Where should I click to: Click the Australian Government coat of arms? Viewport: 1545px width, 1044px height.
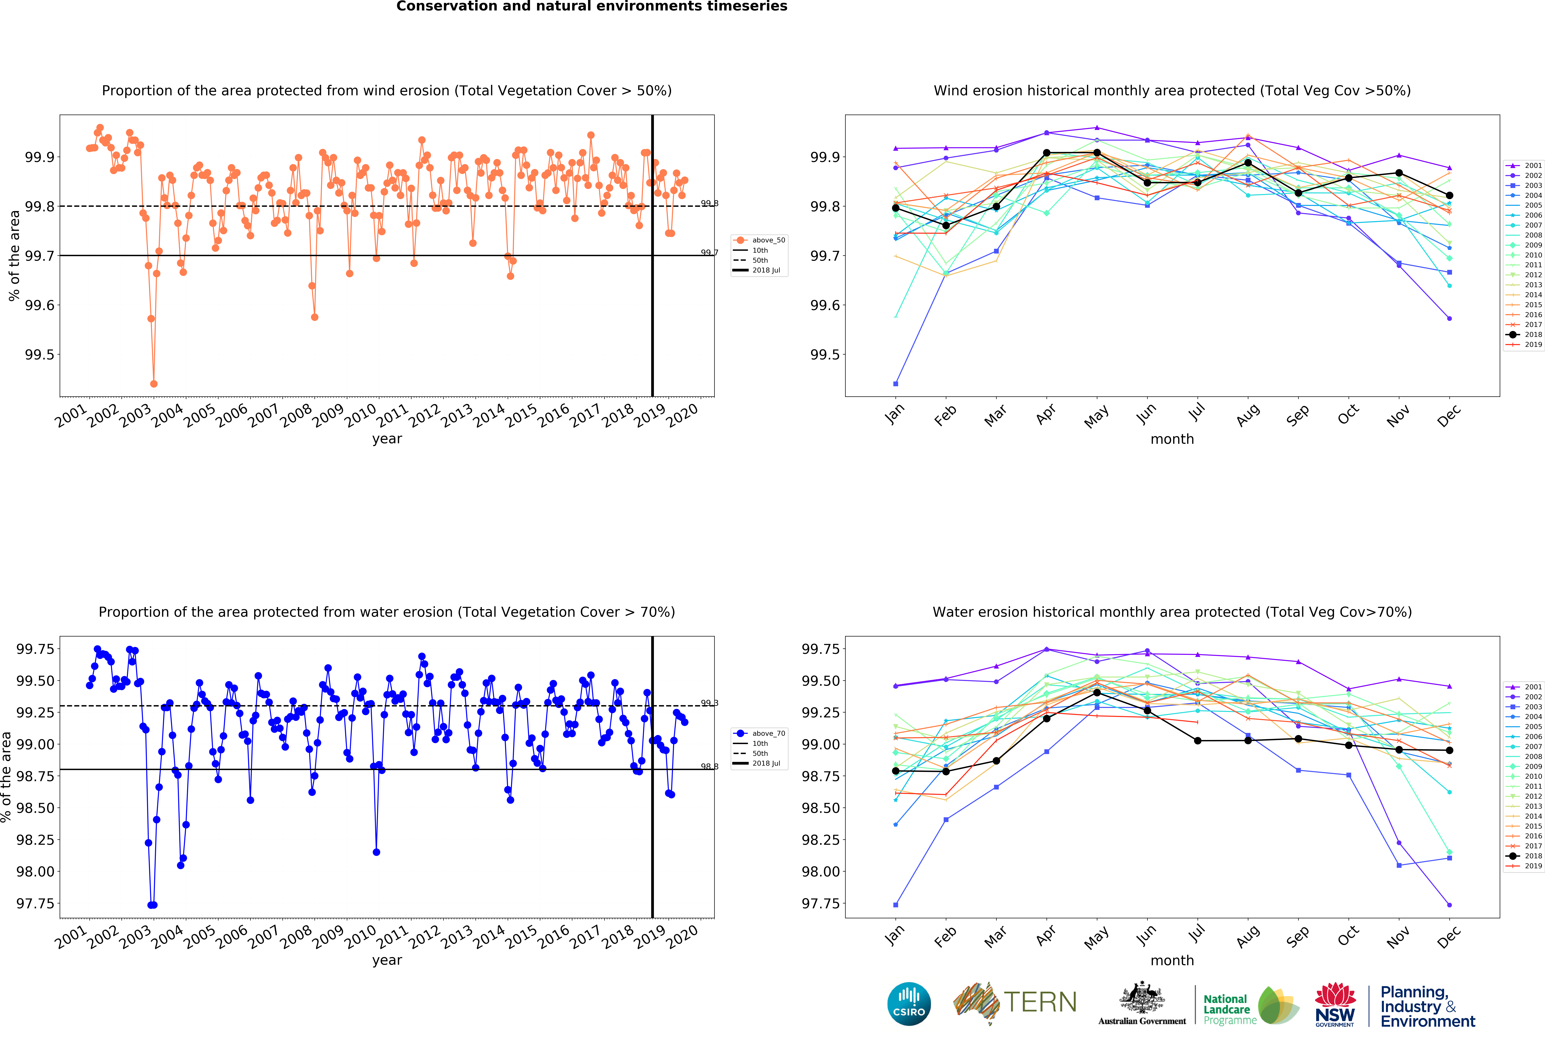click(1141, 997)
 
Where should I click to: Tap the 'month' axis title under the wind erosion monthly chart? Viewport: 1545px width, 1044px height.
click(1172, 439)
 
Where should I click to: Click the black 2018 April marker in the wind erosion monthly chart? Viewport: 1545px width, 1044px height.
click(1046, 153)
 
